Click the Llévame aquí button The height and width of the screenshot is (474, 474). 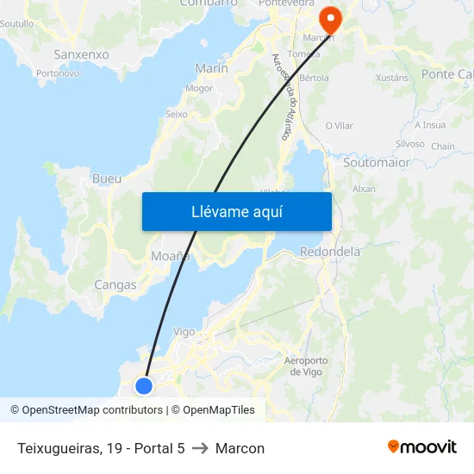coord(236,211)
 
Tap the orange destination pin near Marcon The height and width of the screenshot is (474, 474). coord(330,18)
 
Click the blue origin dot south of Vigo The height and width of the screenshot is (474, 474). coord(144,385)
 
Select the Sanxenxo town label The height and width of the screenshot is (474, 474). coord(81,54)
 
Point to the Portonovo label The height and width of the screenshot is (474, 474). coord(59,74)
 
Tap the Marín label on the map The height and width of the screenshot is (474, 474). coord(211,68)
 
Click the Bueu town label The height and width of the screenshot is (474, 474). coord(106,179)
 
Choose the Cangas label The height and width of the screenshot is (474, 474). coord(115,284)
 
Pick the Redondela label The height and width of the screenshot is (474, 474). coord(329,252)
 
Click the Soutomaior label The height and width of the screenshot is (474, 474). coord(377,162)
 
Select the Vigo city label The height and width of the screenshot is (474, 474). coord(184,331)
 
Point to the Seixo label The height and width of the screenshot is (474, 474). coord(176,114)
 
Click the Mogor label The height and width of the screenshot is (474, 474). coord(199,88)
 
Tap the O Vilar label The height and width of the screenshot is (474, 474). coord(339,126)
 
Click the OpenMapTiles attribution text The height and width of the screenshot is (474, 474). coord(218,410)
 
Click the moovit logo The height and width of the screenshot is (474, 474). coord(422,447)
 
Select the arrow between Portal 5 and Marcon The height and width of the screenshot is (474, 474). coord(200,448)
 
